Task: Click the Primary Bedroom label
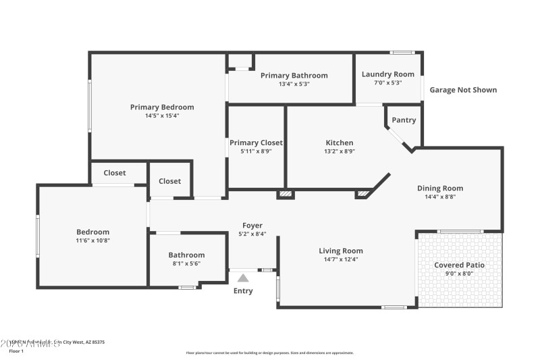tap(162, 107)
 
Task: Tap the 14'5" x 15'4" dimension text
tap(162, 115)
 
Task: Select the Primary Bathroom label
tap(294, 76)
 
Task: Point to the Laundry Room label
tap(387, 74)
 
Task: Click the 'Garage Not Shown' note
tap(463, 90)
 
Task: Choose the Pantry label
tap(404, 120)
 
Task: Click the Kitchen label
tap(340, 143)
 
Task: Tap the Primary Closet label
tap(256, 143)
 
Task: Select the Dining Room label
tap(440, 188)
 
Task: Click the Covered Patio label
tap(459, 265)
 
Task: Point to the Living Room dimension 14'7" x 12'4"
tap(341, 259)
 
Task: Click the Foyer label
tap(252, 226)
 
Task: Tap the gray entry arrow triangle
tap(243, 278)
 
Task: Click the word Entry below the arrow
tap(243, 291)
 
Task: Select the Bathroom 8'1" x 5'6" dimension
tap(186, 263)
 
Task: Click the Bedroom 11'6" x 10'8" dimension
tap(92, 240)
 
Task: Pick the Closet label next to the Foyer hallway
tap(169, 181)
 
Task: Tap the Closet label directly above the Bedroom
tap(115, 173)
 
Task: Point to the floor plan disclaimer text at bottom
tap(269, 353)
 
